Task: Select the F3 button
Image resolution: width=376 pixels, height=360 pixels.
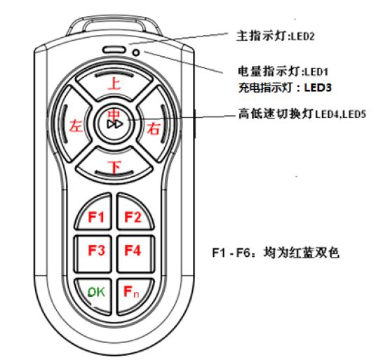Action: pos(93,254)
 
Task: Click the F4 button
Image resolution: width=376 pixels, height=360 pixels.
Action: pos(135,254)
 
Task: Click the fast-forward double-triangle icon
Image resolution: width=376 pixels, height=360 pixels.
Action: pos(115,124)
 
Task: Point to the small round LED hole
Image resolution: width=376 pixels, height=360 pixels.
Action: pos(136,53)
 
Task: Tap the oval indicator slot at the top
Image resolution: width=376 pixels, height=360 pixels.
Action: pos(114,50)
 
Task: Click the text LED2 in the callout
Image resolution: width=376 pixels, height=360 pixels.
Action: pos(302,36)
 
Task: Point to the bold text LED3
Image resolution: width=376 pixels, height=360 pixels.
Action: pos(318,88)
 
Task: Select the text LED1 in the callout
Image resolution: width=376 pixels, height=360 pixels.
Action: pos(316,72)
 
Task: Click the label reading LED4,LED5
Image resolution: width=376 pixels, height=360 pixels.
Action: pos(340,114)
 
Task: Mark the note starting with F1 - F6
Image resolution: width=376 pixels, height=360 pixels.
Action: pos(276,253)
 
